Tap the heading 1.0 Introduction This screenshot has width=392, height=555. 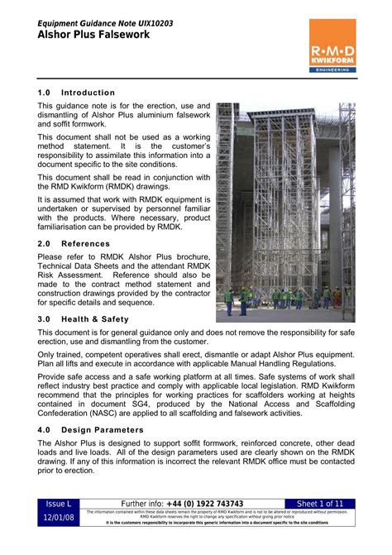[76, 93]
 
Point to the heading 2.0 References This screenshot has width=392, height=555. [73, 244]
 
